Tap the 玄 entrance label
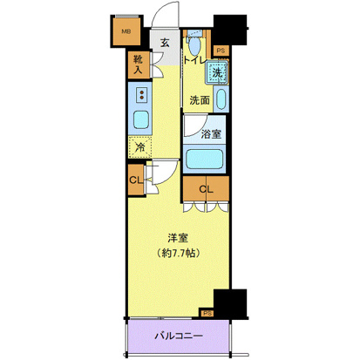[x=165, y=42]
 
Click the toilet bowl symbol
[x=194, y=44]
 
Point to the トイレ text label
[x=196, y=62]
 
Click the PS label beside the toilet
[x=221, y=51]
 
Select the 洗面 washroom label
[x=200, y=99]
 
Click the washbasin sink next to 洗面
[x=221, y=99]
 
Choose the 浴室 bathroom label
[x=211, y=134]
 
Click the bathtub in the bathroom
[x=207, y=160]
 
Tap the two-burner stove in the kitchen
[x=141, y=92]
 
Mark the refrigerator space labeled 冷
[x=139, y=148]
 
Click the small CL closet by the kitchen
[x=135, y=180]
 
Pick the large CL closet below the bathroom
[x=206, y=189]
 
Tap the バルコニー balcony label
[x=180, y=335]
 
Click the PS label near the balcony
[x=207, y=312]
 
